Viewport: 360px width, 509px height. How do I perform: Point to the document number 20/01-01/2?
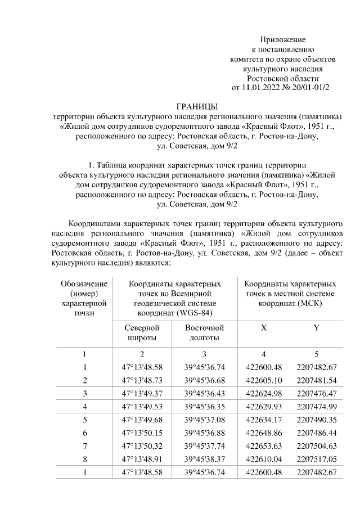click(309, 87)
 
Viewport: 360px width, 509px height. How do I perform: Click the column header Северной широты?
click(142, 332)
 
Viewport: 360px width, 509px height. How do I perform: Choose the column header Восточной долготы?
click(205, 332)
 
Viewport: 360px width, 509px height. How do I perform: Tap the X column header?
click(264, 327)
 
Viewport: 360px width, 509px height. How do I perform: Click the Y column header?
click(316, 327)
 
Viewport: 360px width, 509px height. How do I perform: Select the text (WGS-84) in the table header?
click(193, 312)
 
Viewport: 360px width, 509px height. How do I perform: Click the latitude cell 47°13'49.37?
click(142, 393)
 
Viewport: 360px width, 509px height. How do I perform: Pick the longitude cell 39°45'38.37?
click(205, 458)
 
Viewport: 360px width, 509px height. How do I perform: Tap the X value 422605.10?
click(264, 380)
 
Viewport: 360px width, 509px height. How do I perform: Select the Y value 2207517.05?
click(316, 458)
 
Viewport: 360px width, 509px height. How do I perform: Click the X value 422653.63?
click(264, 445)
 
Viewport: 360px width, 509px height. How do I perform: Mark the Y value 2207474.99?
click(316, 406)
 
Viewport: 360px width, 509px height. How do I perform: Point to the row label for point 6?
click(84, 433)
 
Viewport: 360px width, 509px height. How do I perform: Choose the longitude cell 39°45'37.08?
click(205, 420)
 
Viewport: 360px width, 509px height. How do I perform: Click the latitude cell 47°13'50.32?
click(142, 445)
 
